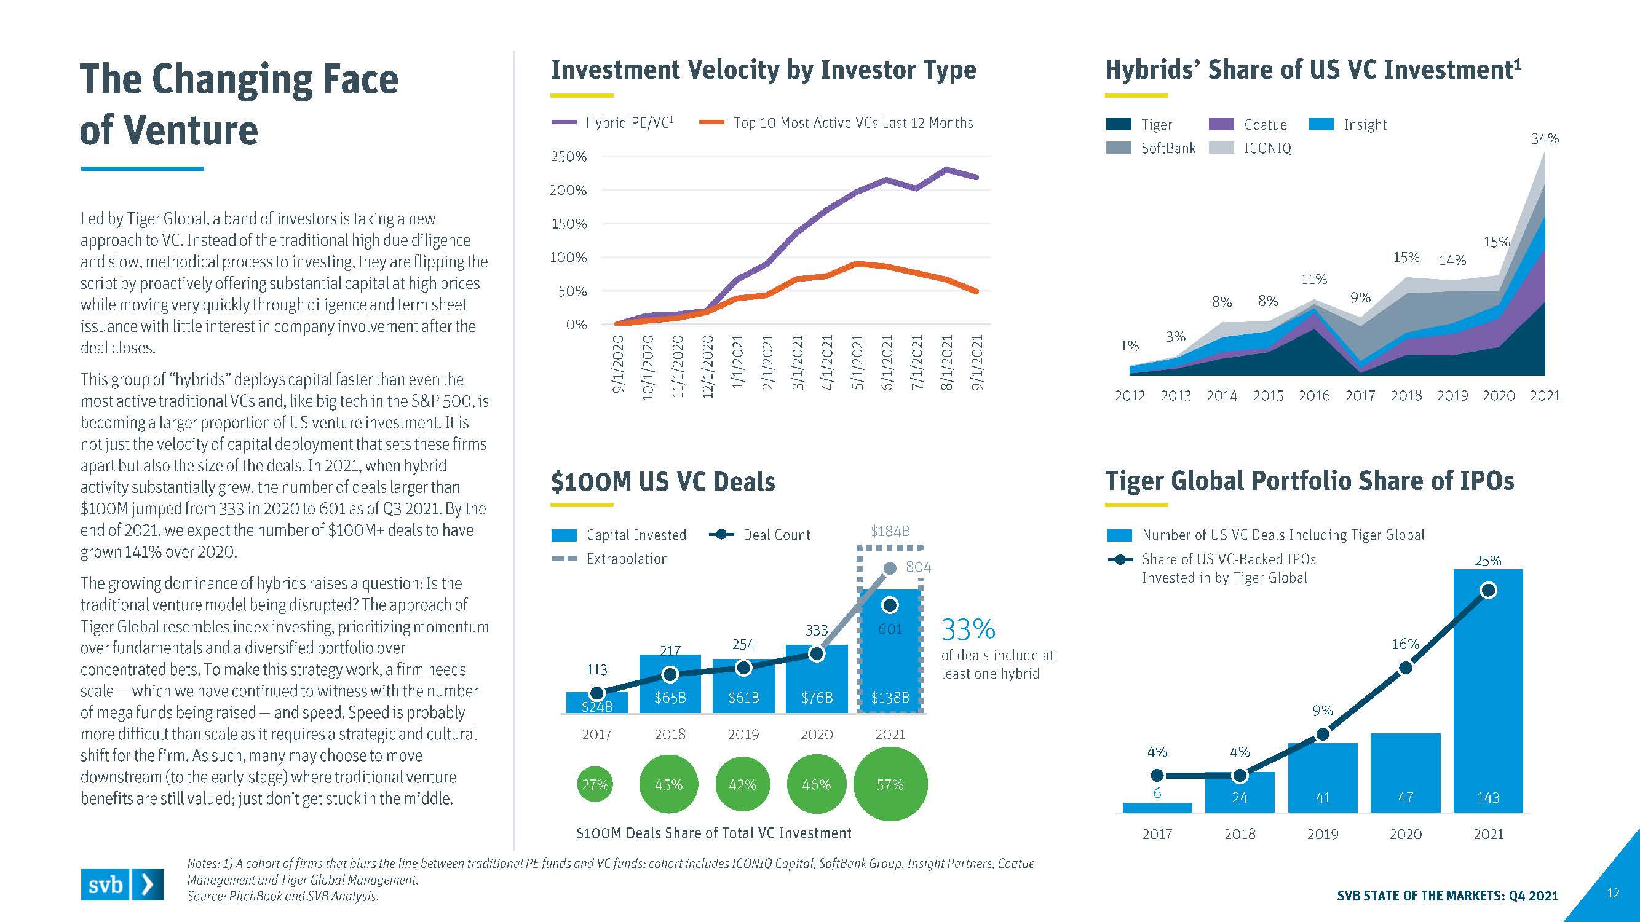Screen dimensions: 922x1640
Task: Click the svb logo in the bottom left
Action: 122,885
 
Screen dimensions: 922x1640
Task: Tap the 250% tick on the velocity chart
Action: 568,157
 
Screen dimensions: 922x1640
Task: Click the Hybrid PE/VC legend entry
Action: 612,123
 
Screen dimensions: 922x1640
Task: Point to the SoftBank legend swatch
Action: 1119,148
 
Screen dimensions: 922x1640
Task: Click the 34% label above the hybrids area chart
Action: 1545,139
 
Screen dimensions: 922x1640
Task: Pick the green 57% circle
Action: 890,784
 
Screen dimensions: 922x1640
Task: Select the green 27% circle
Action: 596,784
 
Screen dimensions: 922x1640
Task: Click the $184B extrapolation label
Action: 890,530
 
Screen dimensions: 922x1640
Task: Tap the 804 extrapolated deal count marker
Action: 890,567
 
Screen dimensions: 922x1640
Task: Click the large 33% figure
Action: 968,630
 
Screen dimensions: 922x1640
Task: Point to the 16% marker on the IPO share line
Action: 1405,668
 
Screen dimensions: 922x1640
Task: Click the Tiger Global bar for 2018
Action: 1240,793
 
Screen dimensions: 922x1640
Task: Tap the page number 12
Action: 1612,893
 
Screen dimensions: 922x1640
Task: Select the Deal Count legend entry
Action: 760,535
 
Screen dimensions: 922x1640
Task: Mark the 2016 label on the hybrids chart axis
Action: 1314,396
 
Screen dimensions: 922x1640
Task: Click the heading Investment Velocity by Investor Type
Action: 763,70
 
